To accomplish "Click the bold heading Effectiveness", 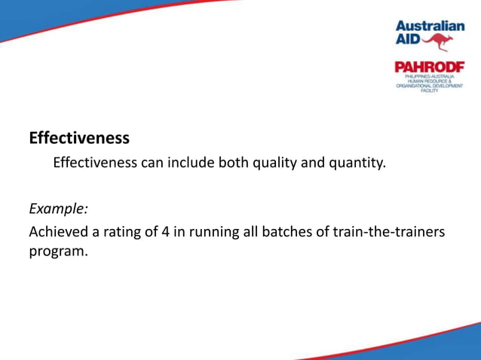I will tap(79, 139).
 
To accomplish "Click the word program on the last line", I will tap(57, 252).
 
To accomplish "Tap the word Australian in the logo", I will tap(430, 25).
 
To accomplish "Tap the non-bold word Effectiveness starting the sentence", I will tap(95, 163).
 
